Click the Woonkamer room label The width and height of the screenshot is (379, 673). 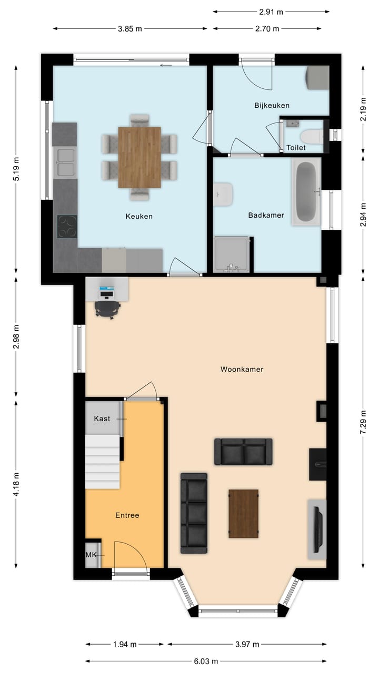click(242, 369)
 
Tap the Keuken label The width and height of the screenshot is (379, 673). click(139, 216)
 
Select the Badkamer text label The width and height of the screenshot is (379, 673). click(266, 215)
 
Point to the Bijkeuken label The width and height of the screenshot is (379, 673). click(272, 105)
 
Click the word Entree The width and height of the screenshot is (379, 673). click(127, 515)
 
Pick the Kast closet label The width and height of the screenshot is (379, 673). click(102, 419)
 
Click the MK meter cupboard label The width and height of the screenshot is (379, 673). click(91, 555)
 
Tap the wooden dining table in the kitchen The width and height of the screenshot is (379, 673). click(139, 157)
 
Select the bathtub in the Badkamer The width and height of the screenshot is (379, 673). click(306, 191)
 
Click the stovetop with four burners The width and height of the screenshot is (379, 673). click(67, 227)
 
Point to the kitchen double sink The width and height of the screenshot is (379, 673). click(65, 162)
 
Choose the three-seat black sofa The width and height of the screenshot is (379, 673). click(194, 513)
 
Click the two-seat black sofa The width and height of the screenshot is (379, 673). click(243, 452)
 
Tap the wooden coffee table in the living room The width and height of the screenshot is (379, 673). click(243, 514)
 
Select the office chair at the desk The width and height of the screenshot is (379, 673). click(107, 309)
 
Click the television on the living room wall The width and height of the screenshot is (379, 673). click(317, 529)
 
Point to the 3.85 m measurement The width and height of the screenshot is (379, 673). click(130, 29)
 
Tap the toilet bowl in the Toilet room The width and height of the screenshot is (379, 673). click(313, 136)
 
